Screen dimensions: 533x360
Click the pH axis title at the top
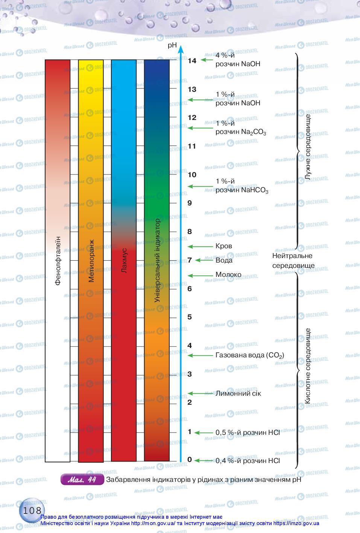pyautogui.click(x=173, y=45)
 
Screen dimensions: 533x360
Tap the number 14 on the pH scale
pyautogui.click(x=192, y=61)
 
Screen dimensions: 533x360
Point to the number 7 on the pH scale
pyautogui.click(x=190, y=260)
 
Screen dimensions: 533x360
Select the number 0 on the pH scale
pyautogui.click(x=190, y=459)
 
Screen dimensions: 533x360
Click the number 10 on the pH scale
pyautogui.click(x=192, y=175)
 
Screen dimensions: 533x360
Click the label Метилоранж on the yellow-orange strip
pyautogui.click(x=91, y=261)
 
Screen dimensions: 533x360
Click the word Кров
pyautogui.click(x=223, y=246)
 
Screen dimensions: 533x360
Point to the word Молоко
pyautogui.click(x=228, y=275)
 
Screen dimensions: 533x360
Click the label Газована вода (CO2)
pyautogui.click(x=249, y=355)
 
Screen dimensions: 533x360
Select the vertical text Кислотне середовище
pyautogui.click(x=308, y=366)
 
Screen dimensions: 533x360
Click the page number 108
pyautogui.click(x=32, y=510)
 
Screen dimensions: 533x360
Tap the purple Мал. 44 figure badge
pyautogui.click(x=82, y=480)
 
